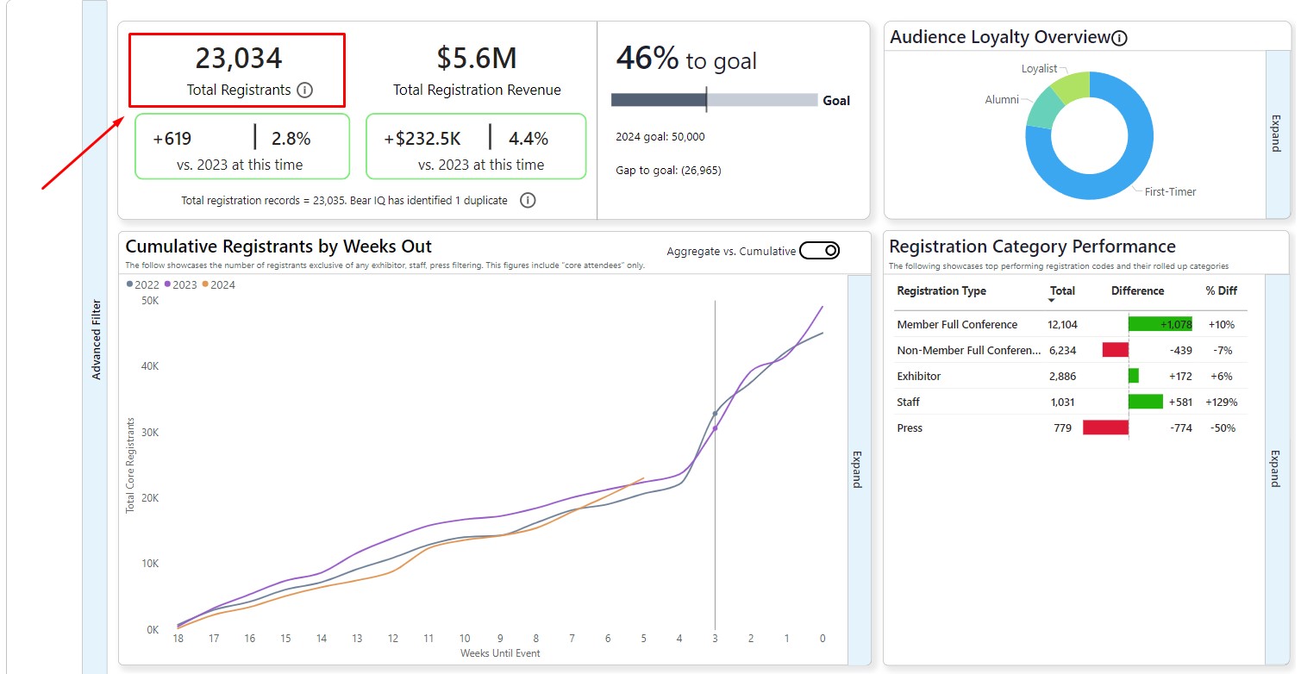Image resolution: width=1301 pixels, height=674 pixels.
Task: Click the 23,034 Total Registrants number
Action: point(238,59)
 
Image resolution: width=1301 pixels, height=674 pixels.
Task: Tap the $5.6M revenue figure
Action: point(476,59)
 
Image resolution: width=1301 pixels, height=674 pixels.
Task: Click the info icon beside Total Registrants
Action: point(304,90)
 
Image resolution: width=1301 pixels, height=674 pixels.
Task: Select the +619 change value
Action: point(172,139)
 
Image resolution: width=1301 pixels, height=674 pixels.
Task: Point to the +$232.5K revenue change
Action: point(422,139)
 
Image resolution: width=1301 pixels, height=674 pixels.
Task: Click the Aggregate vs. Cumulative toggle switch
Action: point(819,251)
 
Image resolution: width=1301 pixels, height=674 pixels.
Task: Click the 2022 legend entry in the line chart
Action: point(142,285)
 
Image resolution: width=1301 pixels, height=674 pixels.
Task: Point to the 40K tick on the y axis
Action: point(150,366)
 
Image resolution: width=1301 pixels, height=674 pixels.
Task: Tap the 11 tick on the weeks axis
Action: point(428,639)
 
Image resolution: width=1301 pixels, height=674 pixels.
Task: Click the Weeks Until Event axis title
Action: point(500,653)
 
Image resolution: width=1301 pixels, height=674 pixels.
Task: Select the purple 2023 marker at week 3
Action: point(715,428)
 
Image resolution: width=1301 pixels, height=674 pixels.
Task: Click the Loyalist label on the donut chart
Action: point(1039,69)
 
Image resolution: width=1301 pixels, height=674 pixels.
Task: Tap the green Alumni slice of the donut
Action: point(1043,108)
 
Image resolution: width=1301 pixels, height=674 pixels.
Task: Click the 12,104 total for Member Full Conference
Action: point(1062,325)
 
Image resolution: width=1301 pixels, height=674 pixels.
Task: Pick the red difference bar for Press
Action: point(1105,428)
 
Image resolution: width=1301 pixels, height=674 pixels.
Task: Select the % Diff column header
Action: point(1222,291)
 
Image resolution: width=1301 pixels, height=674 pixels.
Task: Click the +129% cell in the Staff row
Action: point(1220,403)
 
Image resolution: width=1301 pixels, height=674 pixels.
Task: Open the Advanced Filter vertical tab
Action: point(96,340)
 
